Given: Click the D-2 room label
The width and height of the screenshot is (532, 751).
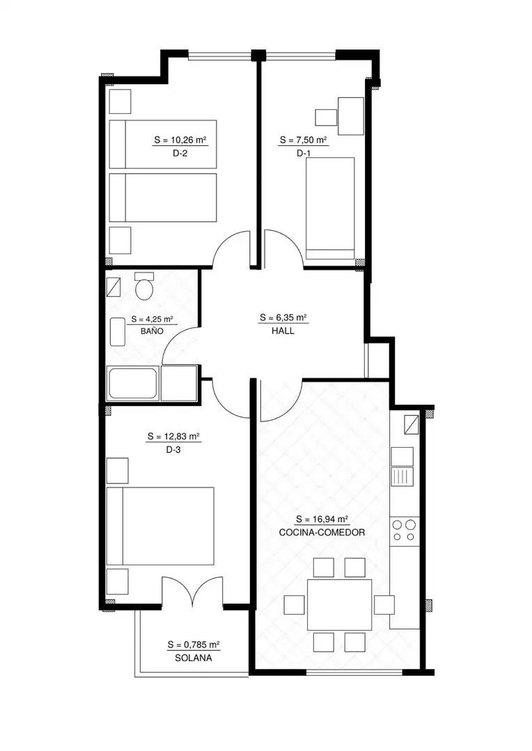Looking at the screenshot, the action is pyautogui.click(x=180, y=154).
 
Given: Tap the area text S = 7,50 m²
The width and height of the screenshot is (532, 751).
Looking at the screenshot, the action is pyautogui.click(x=303, y=140).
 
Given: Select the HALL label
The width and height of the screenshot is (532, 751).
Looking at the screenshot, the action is pyautogui.click(x=283, y=331).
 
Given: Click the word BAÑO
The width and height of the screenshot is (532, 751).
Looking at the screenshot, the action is pyautogui.click(x=152, y=331).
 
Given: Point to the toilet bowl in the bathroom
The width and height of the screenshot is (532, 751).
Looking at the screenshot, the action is pyautogui.click(x=144, y=286).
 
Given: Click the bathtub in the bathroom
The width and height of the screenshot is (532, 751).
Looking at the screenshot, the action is pyautogui.click(x=134, y=383).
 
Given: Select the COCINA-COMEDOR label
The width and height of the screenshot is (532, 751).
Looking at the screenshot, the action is pyautogui.click(x=322, y=532).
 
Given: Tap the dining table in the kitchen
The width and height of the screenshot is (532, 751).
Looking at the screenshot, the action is pyautogui.click(x=340, y=604).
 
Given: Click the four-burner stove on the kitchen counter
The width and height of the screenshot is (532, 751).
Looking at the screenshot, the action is pyautogui.click(x=404, y=531).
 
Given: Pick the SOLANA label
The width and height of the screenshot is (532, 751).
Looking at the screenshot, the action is pyautogui.click(x=194, y=658).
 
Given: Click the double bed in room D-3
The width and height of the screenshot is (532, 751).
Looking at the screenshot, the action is pyautogui.click(x=160, y=526).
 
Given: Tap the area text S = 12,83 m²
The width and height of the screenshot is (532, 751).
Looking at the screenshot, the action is pyautogui.click(x=173, y=436).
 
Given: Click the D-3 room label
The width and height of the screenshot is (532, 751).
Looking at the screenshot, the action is pyautogui.click(x=173, y=450).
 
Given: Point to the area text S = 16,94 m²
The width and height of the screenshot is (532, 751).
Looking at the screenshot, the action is pyautogui.click(x=322, y=519).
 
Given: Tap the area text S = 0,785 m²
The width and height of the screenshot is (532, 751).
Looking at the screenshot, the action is pyautogui.click(x=194, y=645).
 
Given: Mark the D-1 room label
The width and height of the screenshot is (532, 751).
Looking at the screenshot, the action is pyautogui.click(x=303, y=153).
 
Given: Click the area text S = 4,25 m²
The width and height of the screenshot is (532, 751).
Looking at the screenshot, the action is pyautogui.click(x=152, y=319).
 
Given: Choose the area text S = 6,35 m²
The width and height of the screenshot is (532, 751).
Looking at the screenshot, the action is pyautogui.click(x=283, y=317).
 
